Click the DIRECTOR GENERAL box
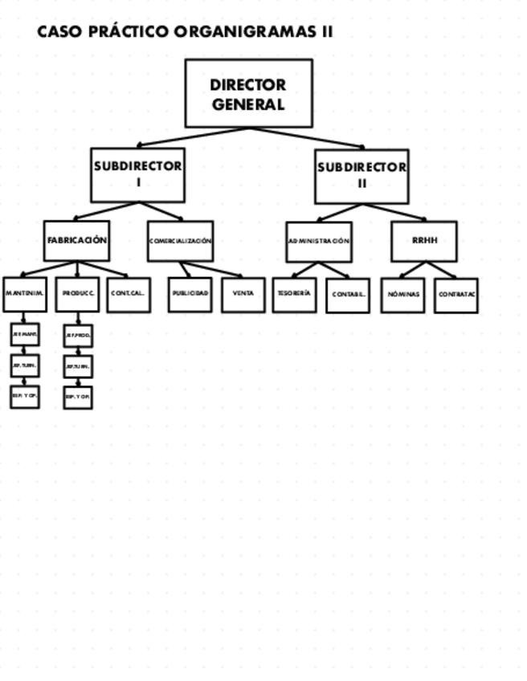coord(248,93)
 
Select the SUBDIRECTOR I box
coord(137,174)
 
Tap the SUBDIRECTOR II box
coord(362,176)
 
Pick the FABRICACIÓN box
coord(76,241)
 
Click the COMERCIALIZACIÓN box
coord(180,241)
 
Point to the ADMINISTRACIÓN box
coord(319,242)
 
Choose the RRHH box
coord(423,241)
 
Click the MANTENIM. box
coord(24,294)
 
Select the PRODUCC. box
coord(78,294)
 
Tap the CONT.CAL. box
coord(129,295)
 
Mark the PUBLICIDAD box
coord(190,295)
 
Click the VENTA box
coord(243,295)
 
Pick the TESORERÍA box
coord(294,295)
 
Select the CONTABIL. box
coord(348,296)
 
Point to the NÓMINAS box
coord(402,296)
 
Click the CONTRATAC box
coord(456,296)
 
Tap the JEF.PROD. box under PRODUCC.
coord(78,334)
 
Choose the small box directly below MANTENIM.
coord(25,334)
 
